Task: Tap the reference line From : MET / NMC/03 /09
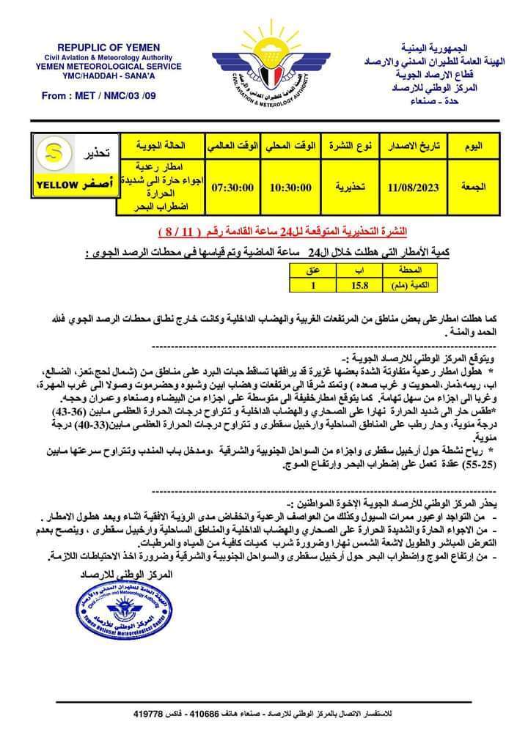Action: [x=99, y=95]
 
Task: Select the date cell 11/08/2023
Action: [x=414, y=188]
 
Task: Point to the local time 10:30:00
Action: [x=291, y=188]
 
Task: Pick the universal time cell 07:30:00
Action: [x=233, y=188]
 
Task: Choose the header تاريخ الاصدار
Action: [x=414, y=147]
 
